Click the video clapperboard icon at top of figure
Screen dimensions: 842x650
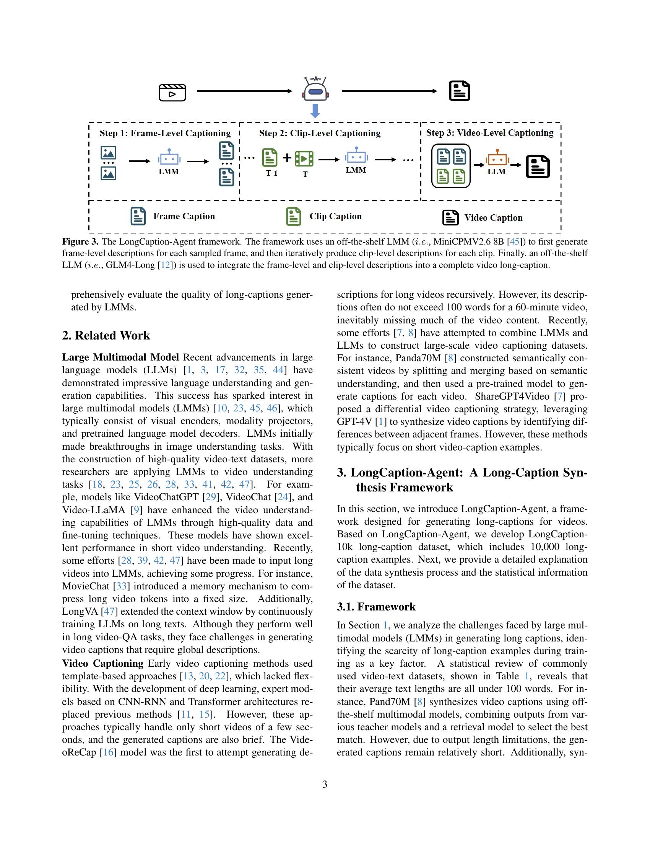tap(172, 92)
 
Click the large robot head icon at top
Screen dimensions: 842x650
tap(315, 90)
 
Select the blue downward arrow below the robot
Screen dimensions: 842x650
tap(315, 111)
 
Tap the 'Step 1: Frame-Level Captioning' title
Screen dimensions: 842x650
tap(165, 134)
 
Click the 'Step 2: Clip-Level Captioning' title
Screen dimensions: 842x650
tap(320, 134)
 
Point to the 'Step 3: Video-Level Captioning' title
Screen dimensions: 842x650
tap(489, 133)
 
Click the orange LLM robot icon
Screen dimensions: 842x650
tap(497, 158)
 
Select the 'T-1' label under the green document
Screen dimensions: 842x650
tap(271, 173)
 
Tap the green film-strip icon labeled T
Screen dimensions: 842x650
tap(304, 158)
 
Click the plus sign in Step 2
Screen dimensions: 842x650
tap(287, 157)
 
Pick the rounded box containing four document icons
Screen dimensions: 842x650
tap(450, 166)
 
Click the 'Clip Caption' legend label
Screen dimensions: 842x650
tap(335, 216)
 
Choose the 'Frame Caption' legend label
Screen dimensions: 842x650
tap(184, 216)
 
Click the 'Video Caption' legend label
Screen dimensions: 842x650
tap(493, 218)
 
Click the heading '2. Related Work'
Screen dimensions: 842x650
tap(106, 335)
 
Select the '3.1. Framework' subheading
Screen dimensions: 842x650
tap(376, 607)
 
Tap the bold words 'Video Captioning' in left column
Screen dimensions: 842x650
tap(102, 664)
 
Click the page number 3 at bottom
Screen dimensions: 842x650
tap(325, 785)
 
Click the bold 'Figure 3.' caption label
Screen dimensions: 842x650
tap(80, 242)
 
